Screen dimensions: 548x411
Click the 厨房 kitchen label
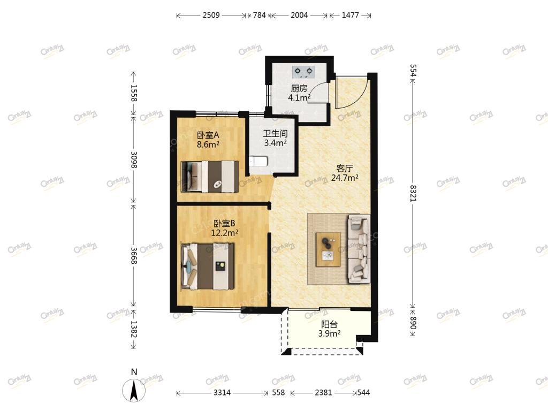(299, 88)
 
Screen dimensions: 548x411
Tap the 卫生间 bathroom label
(276, 133)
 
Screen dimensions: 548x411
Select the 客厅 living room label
(344, 169)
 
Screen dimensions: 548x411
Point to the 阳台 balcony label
(329, 324)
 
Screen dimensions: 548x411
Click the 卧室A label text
(208, 135)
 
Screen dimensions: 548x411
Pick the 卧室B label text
(224, 223)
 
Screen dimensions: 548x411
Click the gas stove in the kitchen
(303, 72)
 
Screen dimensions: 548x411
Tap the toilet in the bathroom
(258, 162)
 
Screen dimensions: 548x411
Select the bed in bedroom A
(210, 177)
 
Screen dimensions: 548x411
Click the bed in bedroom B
(208, 267)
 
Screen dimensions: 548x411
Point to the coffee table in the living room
(328, 249)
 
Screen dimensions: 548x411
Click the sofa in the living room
(359, 249)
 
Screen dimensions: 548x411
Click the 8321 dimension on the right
(413, 193)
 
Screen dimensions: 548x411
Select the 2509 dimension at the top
(211, 15)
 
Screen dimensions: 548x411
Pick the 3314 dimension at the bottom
(222, 392)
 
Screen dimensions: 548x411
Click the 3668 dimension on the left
(134, 256)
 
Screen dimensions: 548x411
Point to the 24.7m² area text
(345, 178)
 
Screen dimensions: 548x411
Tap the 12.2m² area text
(225, 233)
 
